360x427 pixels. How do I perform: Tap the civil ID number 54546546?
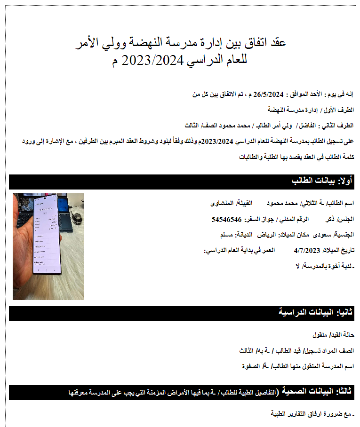tap(227, 219)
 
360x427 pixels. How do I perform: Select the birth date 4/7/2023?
tap(306, 250)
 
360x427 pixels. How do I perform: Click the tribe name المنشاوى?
tap(223, 204)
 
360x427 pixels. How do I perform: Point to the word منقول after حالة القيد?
tap(322, 335)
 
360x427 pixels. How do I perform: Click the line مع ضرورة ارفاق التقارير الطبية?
tap(311, 414)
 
